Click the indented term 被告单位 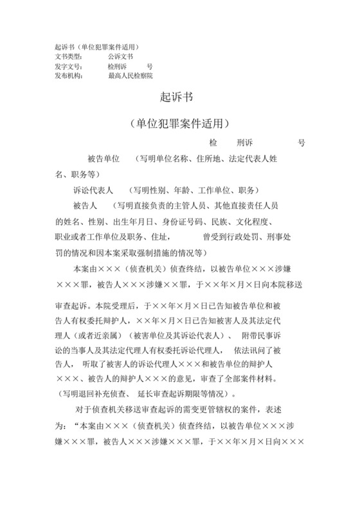point(104,159)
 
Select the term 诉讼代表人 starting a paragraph point(94,190)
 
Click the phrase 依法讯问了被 point(264,350)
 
